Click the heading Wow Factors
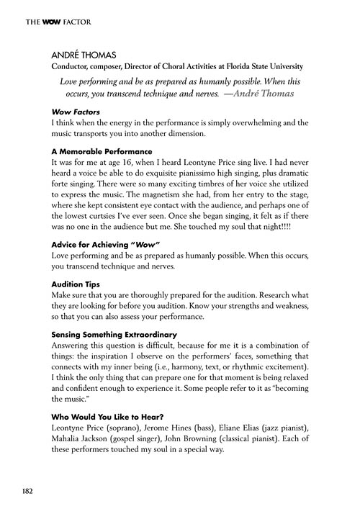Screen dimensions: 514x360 tap(76, 112)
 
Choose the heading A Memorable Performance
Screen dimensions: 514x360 tap(102, 152)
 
